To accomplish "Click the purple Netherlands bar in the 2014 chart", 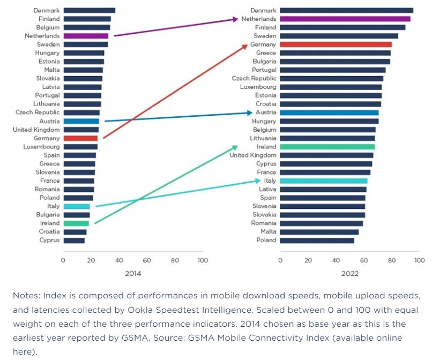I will click(x=86, y=36).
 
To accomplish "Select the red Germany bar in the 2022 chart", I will click(x=336, y=44).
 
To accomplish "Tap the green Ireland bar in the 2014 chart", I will click(x=76, y=223).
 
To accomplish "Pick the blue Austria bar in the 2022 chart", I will click(x=329, y=112).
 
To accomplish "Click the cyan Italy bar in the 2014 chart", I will click(x=77, y=206).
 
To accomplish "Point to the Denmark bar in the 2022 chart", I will click(x=346, y=10).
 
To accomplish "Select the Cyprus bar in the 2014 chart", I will click(x=74, y=241).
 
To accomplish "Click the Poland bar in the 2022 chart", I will click(x=317, y=241).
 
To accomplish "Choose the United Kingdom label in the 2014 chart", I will click(x=36, y=130).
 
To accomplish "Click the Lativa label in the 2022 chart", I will click(x=267, y=189).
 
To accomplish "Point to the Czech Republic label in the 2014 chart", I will click(x=38, y=112).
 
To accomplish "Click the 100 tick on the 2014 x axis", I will click(x=203, y=260).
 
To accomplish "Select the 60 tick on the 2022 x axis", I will click(x=364, y=260).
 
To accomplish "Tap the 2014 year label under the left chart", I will click(x=133, y=273).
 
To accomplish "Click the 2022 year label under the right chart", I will click(x=349, y=273).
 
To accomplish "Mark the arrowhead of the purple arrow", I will click(x=235, y=19).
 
